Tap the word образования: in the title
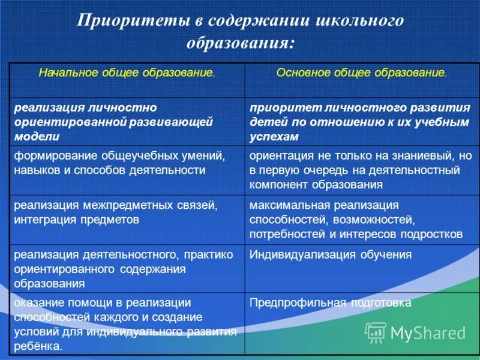click(x=241, y=43)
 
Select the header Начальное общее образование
click(x=127, y=73)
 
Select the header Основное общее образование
click(x=362, y=73)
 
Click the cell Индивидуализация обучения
click(x=331, y=254)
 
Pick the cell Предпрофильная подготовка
click(x=331, y=303)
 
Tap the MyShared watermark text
click(x=428, y=332)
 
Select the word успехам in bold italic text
click(x=274, y=136)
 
